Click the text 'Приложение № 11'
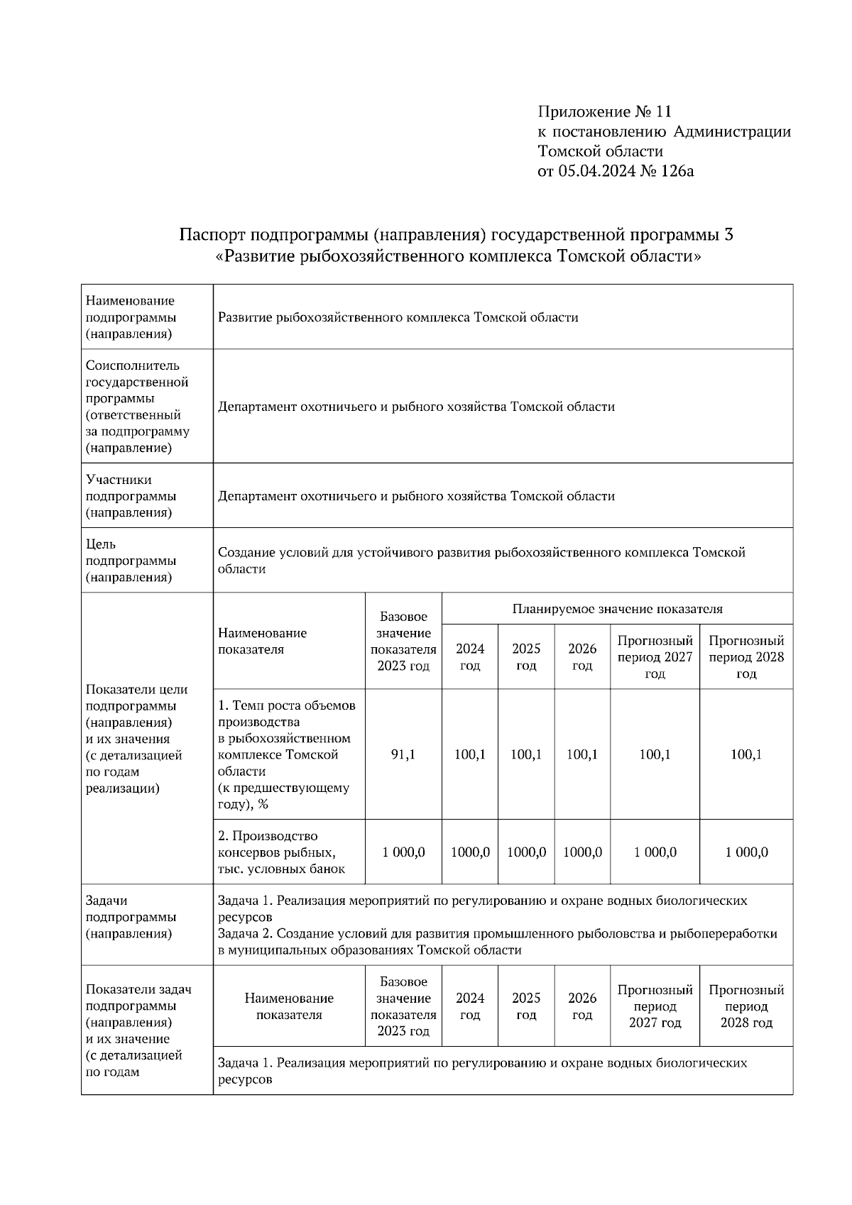(604, 111)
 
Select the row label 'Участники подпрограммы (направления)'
(131, 496)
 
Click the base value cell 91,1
(403, 754)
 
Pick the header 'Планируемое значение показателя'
(617, 609)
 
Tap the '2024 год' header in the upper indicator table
(470, 656)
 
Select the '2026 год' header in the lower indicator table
(582, 1006)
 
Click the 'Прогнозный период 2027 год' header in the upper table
(655, 656)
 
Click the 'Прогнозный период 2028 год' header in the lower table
(746, 1006)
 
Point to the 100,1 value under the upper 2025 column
(526, 754)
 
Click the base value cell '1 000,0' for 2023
(403, 852)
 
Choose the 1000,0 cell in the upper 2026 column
(582, 852)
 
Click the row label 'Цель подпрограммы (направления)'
(131, 561)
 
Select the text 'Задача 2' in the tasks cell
(244, 934)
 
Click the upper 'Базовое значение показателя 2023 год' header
(403, 641)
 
